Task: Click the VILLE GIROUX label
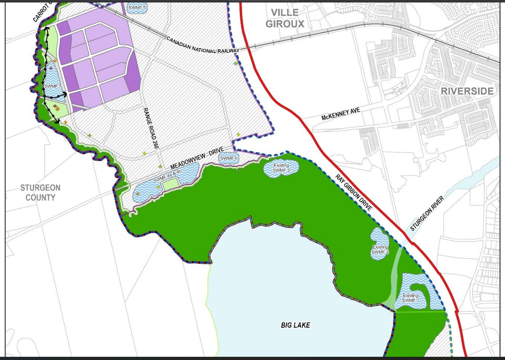284,18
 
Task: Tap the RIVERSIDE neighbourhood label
467,91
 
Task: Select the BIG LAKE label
295,325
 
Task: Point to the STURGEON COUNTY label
40,192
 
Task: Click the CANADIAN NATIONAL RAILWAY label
202,45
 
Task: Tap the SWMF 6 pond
229,158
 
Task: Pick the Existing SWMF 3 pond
281,168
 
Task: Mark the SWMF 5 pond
137,7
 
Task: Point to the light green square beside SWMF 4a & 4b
170,183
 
